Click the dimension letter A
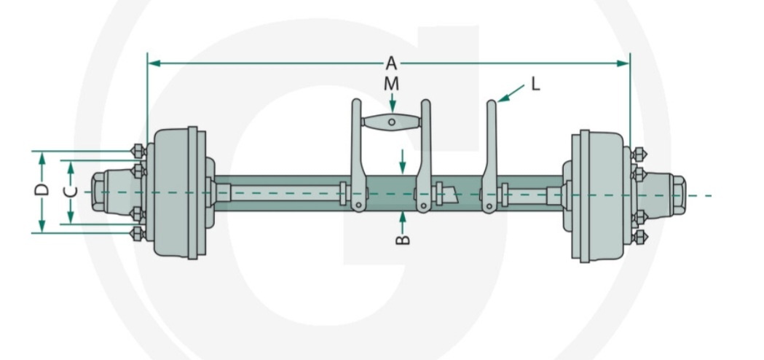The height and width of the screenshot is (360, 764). [x=391, y=63]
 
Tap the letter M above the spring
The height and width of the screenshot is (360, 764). [x=392, y=84]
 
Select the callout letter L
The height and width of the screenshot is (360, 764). [x=535, y=85]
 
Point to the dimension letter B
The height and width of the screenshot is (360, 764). [x=403, y=238]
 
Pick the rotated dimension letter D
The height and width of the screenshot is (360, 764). [x=42, y=191]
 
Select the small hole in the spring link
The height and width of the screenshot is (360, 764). [x=391, y=122]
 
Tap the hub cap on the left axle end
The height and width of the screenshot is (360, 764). [x=102, y=192]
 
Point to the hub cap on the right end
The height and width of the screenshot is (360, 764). [x=674, y=195]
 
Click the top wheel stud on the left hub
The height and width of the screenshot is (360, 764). [x=136, y=152]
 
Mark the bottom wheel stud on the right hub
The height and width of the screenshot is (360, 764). [x=639, y=238]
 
